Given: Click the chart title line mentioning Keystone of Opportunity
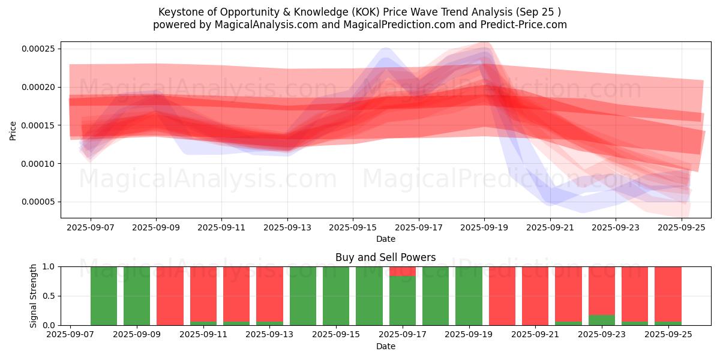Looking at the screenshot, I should [359, 12].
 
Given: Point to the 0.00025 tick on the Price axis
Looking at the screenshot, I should [38, 49].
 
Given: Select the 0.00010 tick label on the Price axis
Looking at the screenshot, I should [38, 164].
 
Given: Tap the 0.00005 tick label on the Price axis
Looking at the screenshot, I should [38, 202].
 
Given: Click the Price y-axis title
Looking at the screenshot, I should [13, 130].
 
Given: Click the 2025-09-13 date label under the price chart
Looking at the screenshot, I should [287, 228].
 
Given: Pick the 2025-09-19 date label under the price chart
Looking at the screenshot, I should [484, 228].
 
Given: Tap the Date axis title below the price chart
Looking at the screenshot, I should [385, 239].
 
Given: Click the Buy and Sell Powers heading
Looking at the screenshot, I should [385, 257].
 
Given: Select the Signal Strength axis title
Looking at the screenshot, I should [34, 296].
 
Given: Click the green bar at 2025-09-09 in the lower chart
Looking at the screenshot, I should [137, 296].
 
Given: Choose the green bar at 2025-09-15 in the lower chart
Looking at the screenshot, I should [336, 296].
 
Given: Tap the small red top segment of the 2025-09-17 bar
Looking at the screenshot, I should [402, 271].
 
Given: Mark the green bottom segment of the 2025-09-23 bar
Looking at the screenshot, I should [601, 320].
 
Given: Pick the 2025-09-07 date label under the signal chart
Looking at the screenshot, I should [71, 335].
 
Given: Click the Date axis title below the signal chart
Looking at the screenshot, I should [385, 346].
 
